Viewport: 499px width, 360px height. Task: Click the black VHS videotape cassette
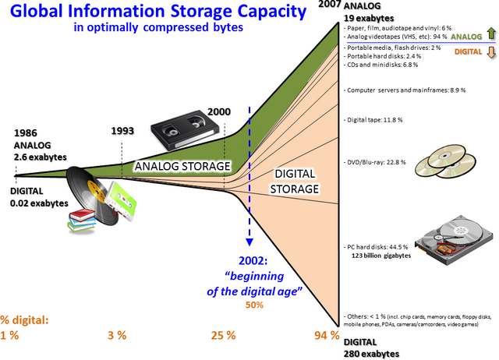185,130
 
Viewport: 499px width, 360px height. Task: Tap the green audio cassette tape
122,201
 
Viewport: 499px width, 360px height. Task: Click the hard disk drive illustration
455,240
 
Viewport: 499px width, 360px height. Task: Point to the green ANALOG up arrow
491,34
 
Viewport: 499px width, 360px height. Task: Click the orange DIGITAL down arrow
491,52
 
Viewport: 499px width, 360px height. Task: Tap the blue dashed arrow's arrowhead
249,242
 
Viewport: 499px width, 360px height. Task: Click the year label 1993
122,131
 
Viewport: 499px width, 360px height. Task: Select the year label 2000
219,112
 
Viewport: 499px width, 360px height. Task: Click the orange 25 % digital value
223,335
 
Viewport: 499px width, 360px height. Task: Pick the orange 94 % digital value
327,335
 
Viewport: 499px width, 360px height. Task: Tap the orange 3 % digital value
117,335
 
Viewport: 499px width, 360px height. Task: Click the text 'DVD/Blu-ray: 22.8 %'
376,162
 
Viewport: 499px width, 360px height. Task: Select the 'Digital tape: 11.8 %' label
374,120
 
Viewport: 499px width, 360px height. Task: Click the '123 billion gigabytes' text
381,256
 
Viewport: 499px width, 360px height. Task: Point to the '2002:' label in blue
253,261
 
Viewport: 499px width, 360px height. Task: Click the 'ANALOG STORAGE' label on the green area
182,166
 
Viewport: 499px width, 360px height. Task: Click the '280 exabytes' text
371,354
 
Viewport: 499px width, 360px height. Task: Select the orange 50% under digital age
254,305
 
